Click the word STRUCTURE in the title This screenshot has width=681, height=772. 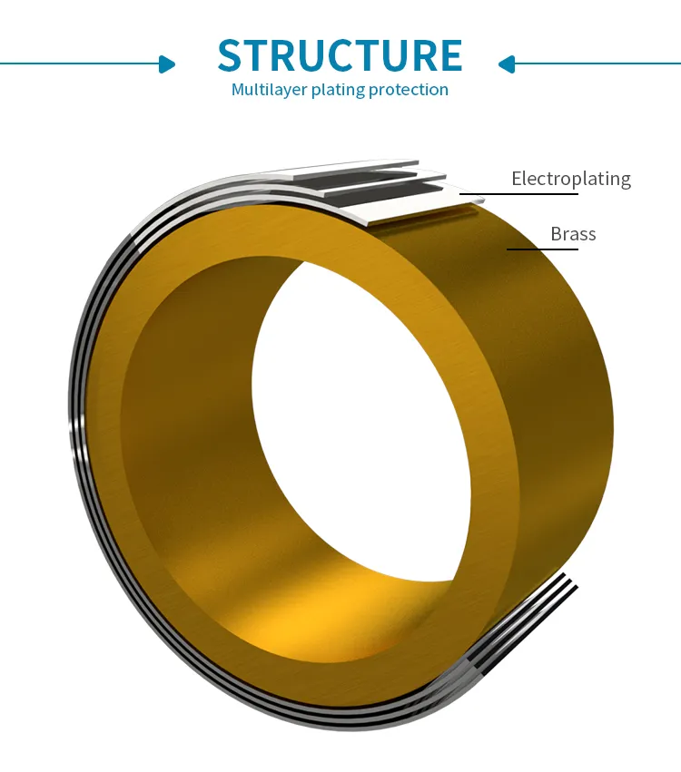[x=340, y=54]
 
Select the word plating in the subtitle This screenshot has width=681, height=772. [x=338, y=90]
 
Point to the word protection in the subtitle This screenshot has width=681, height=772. [x=409, y=90]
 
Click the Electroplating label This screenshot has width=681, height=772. [x=571, y=180]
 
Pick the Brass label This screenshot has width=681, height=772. [x=573, y=234]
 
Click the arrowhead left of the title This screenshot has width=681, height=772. [x=167, y=64]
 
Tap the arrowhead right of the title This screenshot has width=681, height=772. [x=506, y=64]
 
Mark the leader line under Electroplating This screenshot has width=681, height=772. [x=518, y=194]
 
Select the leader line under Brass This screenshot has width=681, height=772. [x=543, y=249]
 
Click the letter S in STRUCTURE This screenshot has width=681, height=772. [x=232, y=54]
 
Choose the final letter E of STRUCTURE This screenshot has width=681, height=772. [x=449, y=54]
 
